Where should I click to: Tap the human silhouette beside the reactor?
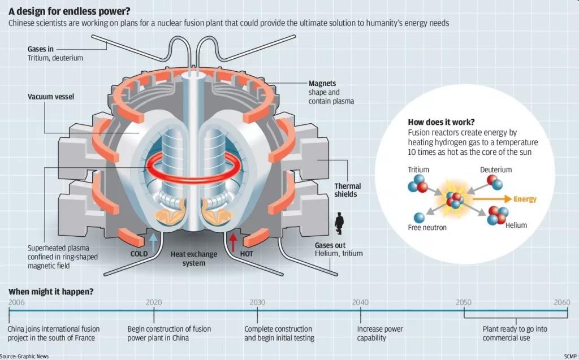(x=339, y=223)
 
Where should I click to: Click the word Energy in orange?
(x=525, y=199)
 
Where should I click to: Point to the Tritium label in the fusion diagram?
(x=418, y=170)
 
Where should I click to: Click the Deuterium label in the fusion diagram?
(x=496, y=170)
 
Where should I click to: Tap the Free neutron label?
(x=427, y=227)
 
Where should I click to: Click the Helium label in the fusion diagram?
(x=516, y=225)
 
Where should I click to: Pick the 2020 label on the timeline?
(x=154, y=302)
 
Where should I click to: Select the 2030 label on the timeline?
(x=257, y=302)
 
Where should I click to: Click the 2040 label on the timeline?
(x=360, y=302)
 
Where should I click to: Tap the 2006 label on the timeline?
(x=16, y=302)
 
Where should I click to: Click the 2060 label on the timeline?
(x=561, y=302)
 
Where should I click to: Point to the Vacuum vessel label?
(x=51, y=97)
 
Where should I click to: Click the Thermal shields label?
(x=347, y=190)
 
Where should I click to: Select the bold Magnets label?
(x=323, y=83)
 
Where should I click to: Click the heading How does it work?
(x=441, y=122)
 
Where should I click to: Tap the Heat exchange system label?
(x=194, y=259)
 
